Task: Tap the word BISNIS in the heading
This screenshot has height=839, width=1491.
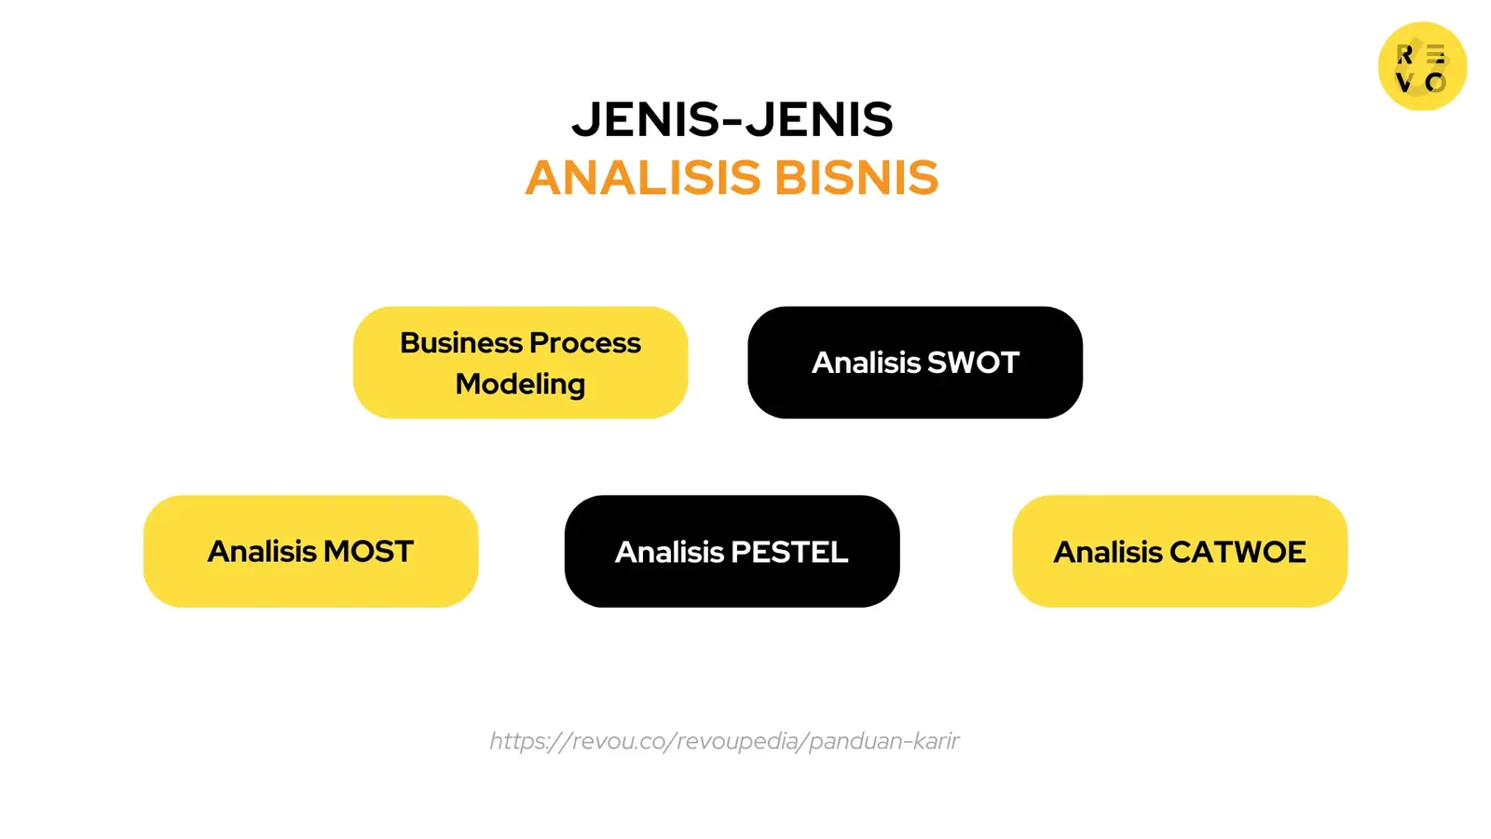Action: [x=856, y=178]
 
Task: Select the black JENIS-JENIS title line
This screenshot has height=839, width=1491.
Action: [x=732, y=120]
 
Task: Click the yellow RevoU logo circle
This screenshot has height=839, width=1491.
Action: [x=1422, y=66]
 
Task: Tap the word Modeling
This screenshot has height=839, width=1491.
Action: [x=520, y=384]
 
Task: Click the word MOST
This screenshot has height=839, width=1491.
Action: [x=368, y=552]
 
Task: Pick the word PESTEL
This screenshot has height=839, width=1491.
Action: [x=790, y=552]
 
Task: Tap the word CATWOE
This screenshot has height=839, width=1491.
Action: [x=1238, y=552]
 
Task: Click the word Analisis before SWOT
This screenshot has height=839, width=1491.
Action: [x=866, y=363]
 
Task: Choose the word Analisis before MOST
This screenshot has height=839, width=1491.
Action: [x=262, y=552]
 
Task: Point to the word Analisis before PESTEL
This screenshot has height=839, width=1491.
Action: [x=669, y=552]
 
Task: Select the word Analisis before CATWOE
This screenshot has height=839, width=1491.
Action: [x=1108, y=552]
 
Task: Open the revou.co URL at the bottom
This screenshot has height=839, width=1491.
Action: [x=724, y=741]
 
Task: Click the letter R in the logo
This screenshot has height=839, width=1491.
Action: [x=1405, y=55]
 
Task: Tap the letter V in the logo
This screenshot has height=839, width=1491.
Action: [x=1404, y=82]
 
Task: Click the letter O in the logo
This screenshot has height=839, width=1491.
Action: [x=1436, y=83]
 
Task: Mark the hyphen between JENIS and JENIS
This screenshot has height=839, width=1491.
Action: [x=732, y=121]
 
